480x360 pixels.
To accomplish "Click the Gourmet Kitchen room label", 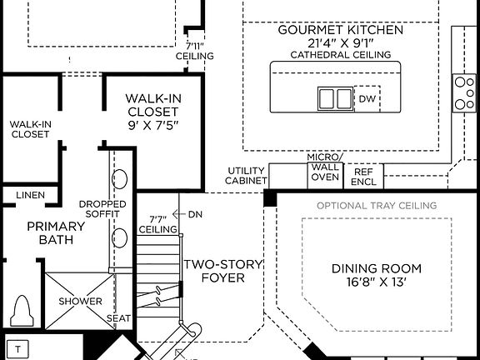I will (x=340, y=30).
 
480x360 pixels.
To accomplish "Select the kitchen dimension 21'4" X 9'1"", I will (x=340, y=43).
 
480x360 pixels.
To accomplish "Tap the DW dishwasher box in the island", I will (x=367, y=98).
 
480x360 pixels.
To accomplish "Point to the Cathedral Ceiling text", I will (x=340, y=55).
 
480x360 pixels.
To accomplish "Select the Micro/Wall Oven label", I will (x=324, y=167).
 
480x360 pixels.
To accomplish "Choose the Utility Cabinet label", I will (x=247, y=176).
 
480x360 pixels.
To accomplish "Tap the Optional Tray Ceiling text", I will (x=377, y=205).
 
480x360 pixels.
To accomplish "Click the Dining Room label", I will (x=377, y=268).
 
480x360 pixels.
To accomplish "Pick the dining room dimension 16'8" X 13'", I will (x=377, y=282).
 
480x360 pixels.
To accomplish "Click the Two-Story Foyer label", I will (x=223, y=271).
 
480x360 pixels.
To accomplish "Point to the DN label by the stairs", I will (x=195, y=214).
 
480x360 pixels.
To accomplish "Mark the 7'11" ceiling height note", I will (x=195, y=50).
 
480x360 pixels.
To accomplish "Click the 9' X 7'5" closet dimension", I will (x=152, y=125).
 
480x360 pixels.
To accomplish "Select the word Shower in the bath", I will (x=81, y=302).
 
